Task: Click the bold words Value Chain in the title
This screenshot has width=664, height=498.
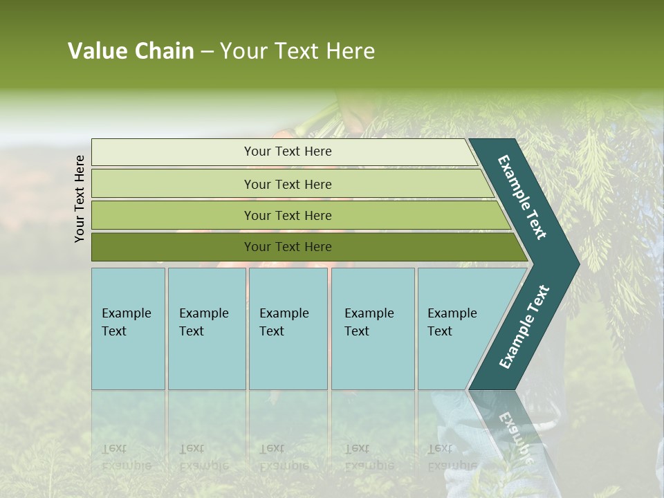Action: point(131,51)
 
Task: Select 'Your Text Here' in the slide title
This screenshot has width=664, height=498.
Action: point(297,51)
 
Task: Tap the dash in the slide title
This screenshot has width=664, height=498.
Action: point(207,52)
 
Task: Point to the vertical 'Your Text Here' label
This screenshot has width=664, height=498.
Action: point(80,199)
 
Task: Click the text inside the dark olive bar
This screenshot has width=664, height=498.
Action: point(288,247)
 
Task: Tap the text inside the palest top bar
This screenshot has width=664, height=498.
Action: point(288,151)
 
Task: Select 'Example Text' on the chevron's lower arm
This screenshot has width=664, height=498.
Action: point(524,326)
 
